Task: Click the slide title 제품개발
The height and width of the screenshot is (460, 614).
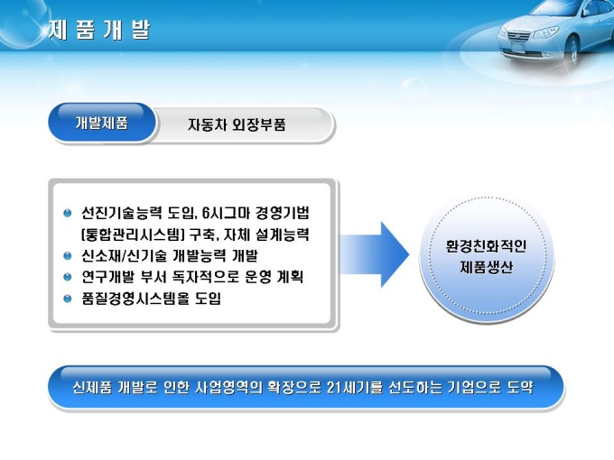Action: pyautogui.click(x=99, y=30)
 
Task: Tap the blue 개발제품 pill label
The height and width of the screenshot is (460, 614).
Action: pyautogui.click(x=102, y=123)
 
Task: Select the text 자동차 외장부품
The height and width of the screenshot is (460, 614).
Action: pyautogui.click(x=237, y=124)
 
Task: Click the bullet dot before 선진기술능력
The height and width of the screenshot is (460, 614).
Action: pyautogui.click(x=68, y=213)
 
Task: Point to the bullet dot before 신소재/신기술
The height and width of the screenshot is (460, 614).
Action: pyautogui.click(x=68, y=256)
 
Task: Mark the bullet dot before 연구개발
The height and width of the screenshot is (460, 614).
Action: pyautogui.click(x=68, y=277)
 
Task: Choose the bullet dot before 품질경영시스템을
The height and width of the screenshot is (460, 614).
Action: pyautogui.click(x=68, y=299)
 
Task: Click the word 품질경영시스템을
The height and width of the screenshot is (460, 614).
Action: pyautogui.click(x=135, y=299)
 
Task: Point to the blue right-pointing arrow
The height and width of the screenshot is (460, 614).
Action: pyautogui.click(x=375, y=254)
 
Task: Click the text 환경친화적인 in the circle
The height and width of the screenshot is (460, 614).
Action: pyautogui.click(x=486, y=246)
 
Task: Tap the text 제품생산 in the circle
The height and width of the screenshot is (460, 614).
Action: pyautogui.click(x=486, y=267)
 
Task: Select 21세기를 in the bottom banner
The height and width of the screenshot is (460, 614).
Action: pyautogui.click(x=354, y=387)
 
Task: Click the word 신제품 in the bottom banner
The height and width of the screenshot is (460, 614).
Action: pyautogui.click(x=92, y=387)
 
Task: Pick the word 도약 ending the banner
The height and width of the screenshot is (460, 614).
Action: pyautogui.click(x=520, y=387)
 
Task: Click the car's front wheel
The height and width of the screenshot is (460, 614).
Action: pyautogui.click(x=573, y=50)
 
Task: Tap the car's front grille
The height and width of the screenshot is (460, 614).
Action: pyautogui.click(x=518, y=36)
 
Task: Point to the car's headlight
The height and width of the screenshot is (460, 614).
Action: pyautogui.click(x=545, y=32)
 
